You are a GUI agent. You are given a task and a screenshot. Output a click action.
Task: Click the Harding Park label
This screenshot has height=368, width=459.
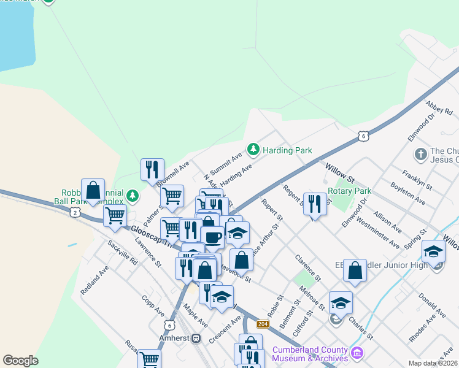pos(287,150)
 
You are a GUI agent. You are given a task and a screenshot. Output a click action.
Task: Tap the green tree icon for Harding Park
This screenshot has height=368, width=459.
pos(253,149)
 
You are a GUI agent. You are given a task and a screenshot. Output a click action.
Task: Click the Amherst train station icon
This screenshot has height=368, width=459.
pos(196,338)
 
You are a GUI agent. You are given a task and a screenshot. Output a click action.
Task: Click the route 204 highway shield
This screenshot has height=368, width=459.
pos(263,324)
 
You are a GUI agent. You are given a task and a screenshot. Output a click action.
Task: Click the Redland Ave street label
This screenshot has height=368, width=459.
pos(95,279)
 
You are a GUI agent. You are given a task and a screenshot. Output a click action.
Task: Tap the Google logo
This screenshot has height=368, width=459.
pos(20,361)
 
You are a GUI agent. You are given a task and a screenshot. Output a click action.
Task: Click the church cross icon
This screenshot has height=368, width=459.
pos(421,153)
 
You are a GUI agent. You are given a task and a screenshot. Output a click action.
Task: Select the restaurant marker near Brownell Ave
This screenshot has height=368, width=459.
pos(152,170)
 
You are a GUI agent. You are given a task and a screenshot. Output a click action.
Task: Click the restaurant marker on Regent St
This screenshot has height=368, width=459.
pos(315,205)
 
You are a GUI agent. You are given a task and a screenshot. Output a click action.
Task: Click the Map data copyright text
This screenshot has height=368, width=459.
pos(433,363)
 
